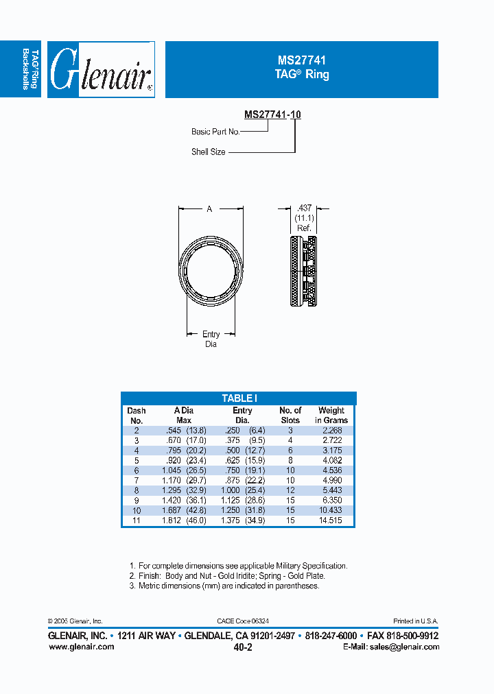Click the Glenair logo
coord(101,70)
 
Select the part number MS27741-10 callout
coord(272,115)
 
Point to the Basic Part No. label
coord(215,132)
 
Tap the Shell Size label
coord(209,152)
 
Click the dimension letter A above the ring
coord(209,209)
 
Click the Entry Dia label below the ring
coord(211,339)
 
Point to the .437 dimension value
coord(303,207)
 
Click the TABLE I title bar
coord(239,398)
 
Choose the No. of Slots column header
coord(290,416)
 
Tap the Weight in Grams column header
coord(331,416)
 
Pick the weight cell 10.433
coord(331,511)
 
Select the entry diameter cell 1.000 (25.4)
coord(242,491)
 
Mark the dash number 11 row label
coord(137,521)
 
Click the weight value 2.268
coord(331,430)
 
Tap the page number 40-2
coord(243,647)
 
